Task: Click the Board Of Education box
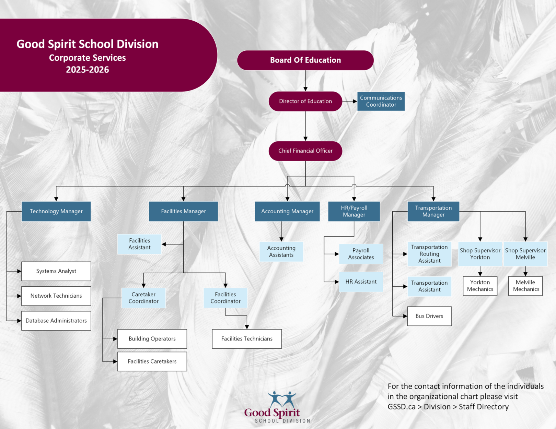[x=305, y=60]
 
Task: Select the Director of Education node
[x=305, y=101]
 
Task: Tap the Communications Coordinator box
[x=381, y=101]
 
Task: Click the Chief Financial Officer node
[x=305, y=151]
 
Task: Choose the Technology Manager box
[x=56, y=211]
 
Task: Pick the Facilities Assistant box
[x=139, y=244]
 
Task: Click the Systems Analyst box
[x=56, y=271]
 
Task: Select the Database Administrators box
[x=56, y=321]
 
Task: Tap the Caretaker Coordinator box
[x=143, y=298]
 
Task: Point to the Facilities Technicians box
[x=247, y=339]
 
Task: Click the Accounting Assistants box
[x=281, y=252]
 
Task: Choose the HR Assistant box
[x=361, y=282]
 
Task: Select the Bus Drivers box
[x=429, y=316]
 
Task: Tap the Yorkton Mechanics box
[x=480, y=286]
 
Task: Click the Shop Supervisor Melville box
[x=525, y=254]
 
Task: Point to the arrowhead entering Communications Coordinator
[x=355, y=101]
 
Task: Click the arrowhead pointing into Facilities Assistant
[x=164, y=244]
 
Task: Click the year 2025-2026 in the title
[x=88, y=70]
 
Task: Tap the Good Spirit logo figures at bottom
[x=282, y=399]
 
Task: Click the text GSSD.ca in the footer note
[x=402, y=407]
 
